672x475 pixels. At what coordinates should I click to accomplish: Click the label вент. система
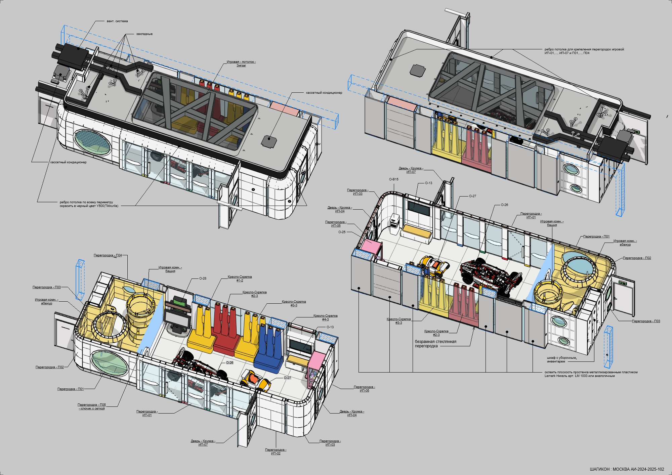click(117, 21)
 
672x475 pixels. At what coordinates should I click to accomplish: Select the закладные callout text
click(144, 34)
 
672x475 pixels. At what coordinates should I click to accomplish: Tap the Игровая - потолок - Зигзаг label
click(241, 63)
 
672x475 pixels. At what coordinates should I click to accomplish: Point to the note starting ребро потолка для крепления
click(584, 51)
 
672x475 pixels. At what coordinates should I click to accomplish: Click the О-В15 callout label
click(394, 179)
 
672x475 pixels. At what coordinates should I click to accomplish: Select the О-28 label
click(203, 278)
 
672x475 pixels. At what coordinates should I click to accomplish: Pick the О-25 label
click(342, 232)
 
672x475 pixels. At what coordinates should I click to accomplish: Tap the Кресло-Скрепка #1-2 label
click(240, 278)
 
